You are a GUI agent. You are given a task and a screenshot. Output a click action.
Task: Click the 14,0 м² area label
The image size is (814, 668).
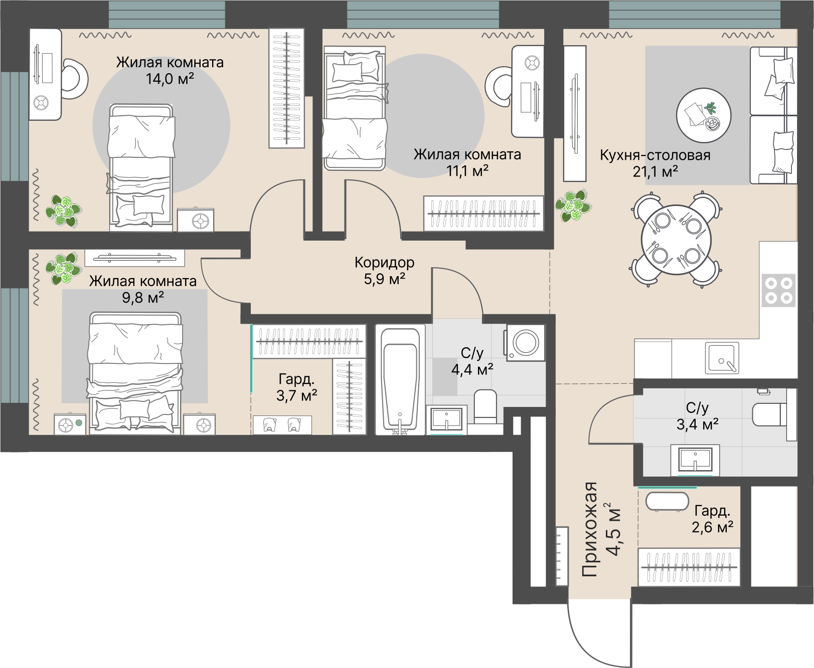click(x=170, y=79)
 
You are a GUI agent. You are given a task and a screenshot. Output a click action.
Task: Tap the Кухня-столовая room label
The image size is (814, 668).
click(x=655, y=155)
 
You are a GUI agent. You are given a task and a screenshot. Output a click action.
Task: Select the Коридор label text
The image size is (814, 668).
click(x=384, y=262)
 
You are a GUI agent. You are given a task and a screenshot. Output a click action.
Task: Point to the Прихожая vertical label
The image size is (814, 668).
click(x=590, y=530)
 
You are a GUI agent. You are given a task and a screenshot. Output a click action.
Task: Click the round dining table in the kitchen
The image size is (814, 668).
click(x=676, y=240)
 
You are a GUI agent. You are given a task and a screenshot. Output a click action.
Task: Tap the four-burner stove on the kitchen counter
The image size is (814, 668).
click(x=778, y=291)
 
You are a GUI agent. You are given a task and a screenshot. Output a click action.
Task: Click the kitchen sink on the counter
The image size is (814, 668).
click(x=722, y=358)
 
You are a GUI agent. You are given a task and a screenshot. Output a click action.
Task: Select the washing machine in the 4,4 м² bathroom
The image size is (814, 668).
click(x=526, y=343)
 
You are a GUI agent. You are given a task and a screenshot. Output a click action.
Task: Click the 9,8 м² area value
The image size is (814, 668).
click(x=143, y=298)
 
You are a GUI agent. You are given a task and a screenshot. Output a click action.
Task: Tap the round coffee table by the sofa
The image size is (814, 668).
click(x=703, y=115)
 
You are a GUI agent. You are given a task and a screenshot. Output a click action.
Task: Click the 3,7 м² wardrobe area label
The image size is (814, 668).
click(x=296, y=396)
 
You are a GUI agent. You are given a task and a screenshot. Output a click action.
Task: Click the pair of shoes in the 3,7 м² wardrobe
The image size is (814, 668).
click(x=282, y=425)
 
